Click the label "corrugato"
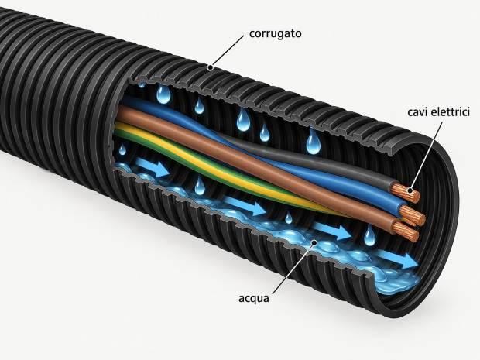point(275,33)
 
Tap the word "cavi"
point(417,112)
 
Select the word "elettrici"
point(450,111)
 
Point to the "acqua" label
point(254,298)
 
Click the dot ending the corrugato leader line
point(210,67)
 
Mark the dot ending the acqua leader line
point(314,243)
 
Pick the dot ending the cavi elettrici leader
point(410,191)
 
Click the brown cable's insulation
point(245,163)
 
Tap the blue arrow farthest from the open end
point(152,167)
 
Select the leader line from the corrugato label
point(227,51)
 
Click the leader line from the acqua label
point(293,268)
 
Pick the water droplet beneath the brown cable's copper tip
point(370,236)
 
